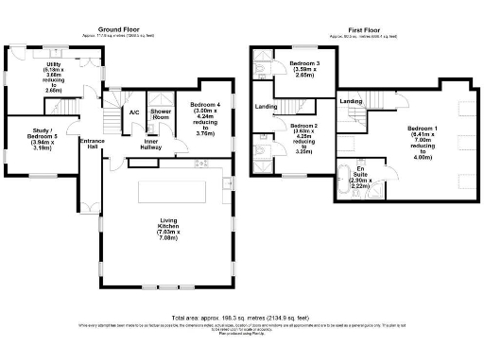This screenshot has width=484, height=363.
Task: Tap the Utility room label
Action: (51, 69)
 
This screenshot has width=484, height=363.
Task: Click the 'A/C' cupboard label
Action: (134, 112)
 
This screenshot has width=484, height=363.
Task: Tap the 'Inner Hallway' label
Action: (151, 145)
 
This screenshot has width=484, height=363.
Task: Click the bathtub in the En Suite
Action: (346, 181)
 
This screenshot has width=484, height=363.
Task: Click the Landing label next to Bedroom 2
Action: (266, 107)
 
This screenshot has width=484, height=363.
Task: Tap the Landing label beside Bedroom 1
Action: (351, 101)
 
